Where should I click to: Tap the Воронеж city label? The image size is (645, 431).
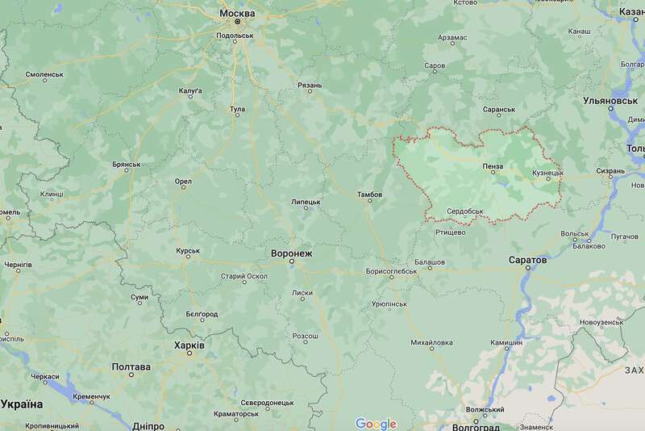coord(291,253)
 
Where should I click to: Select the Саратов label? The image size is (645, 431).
coord(528,260)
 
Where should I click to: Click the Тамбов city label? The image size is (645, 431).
coord(370,195)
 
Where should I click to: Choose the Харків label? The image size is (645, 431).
coord(189,345)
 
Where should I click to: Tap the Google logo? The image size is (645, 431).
coord(376,424)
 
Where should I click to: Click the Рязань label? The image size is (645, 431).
coord(310,85)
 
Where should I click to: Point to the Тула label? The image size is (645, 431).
coord(237,108)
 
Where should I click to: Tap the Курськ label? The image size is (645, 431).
coord(188,251)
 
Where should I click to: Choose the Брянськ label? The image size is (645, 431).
coord(127,164)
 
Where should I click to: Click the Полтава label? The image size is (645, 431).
coord(131,366)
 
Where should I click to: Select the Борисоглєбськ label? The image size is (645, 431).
coord(391,271)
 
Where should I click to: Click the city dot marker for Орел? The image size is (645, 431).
coord(184,190)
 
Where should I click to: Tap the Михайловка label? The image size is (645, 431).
coord(432,342)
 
